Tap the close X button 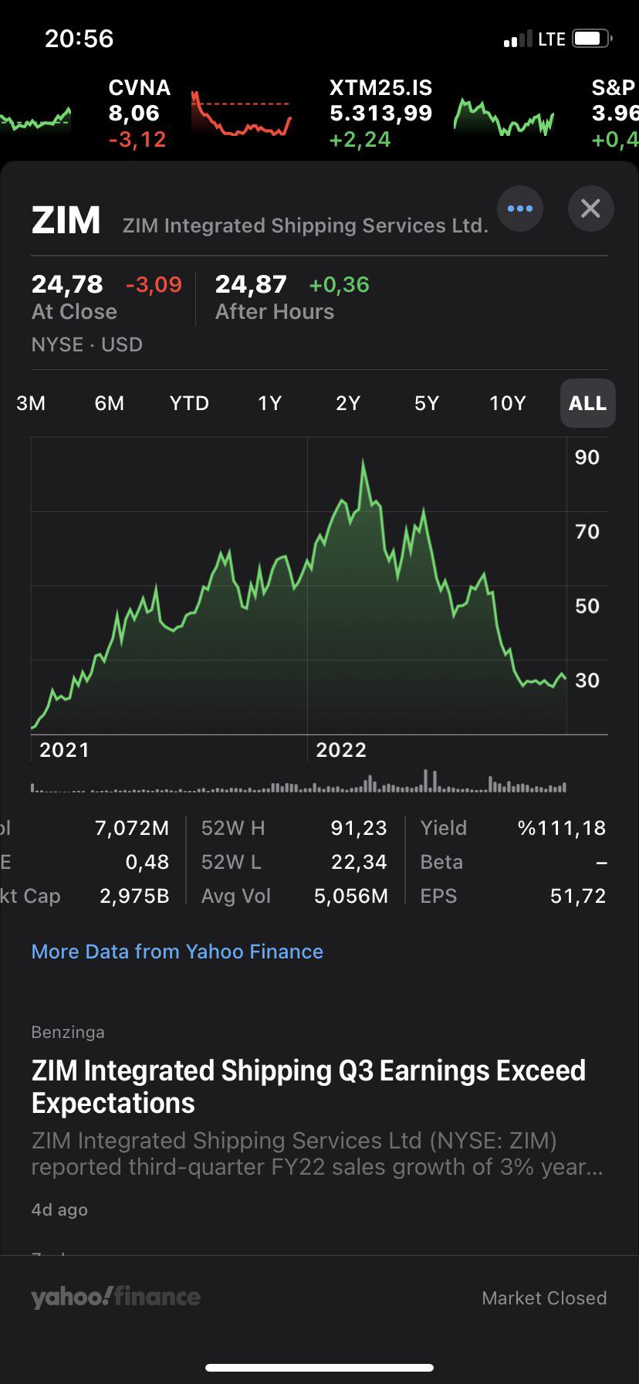click(590, 209)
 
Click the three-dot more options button click(520, 209)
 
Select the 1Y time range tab click(269, 403)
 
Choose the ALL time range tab click(587, 403)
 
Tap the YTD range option click(189, 403)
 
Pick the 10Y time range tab click(507, 403)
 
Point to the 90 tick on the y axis click(587, 457)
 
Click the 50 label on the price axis click(587, 606)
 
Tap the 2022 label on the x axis click(341, 750)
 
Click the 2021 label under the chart click(64, 750)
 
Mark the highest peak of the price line click(363, 462)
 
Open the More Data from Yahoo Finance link click(177, 951)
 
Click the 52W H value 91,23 click(359, 828)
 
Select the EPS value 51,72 click(578, 896)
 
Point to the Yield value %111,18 click(562, 828)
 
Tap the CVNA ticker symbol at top click(140, 88)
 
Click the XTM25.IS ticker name click(380, 88)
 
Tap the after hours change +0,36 click(339, 285)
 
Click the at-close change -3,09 click(154, 285)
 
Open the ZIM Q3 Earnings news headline click(309, 1087)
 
